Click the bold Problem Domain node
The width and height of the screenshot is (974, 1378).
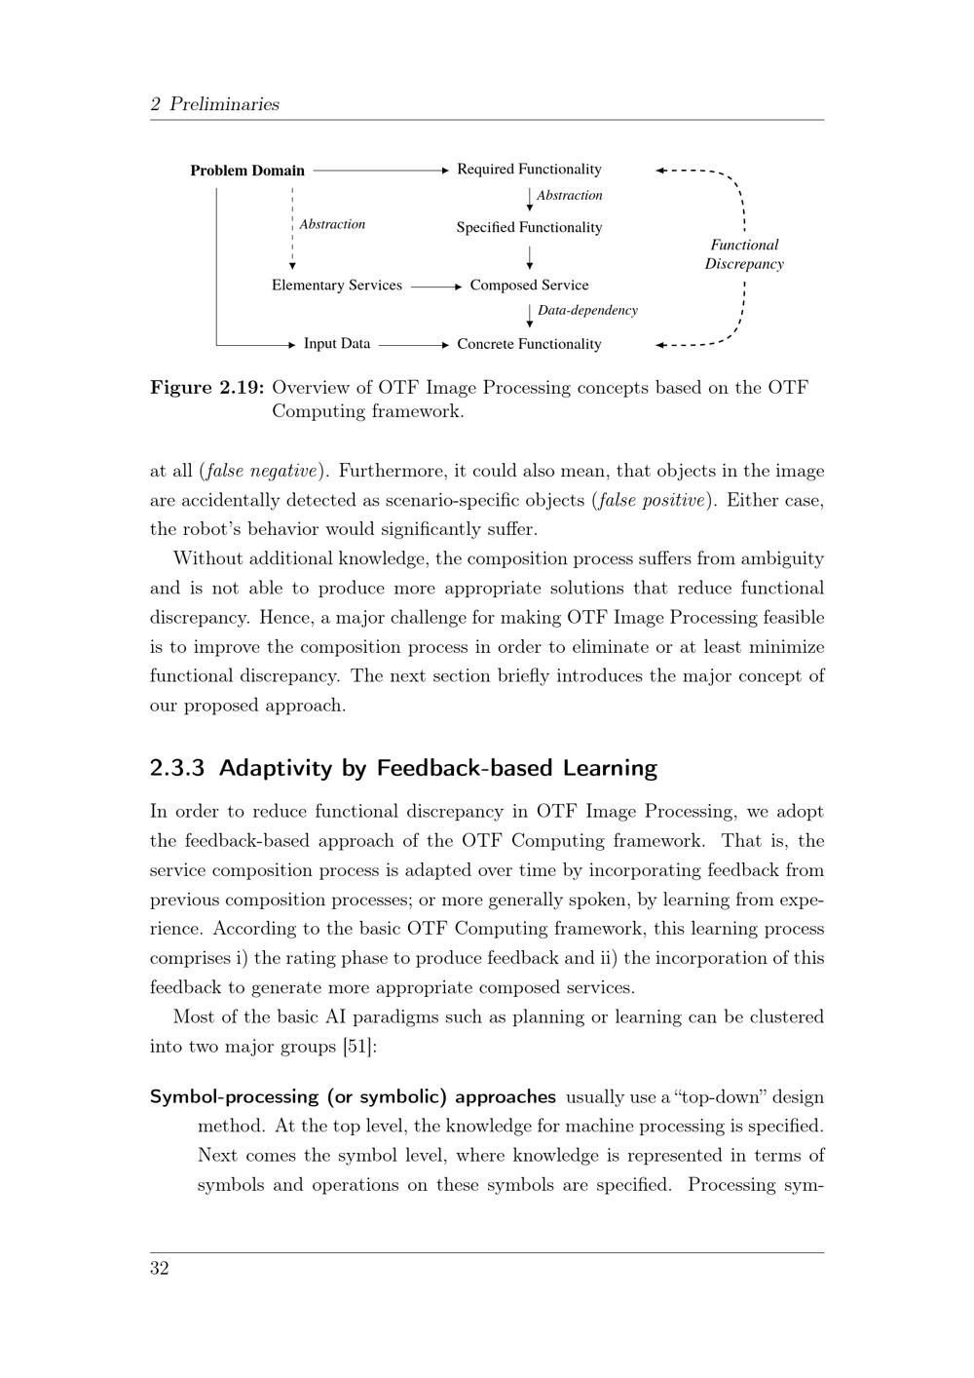click(x=247, y=171)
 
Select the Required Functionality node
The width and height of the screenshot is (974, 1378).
click(x=529, y=170)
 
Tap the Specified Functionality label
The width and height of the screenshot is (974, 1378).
click(x=529, y=228)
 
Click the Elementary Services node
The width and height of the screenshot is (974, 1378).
click(x=336, y=286)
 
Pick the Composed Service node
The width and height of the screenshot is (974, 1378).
click(x=529, y=286)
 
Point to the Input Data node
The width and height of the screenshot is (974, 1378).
click(x=337, y=344)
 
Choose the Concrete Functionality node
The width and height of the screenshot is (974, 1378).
click(x=529, y=344)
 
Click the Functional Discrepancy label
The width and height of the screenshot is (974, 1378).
click(x=744, y=254)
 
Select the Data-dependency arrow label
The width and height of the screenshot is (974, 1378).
click(x=587, y=311)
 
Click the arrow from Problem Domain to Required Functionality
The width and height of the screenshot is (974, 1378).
click(x=381, y=171)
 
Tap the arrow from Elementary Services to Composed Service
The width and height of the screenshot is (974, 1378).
click(x=435, y=287)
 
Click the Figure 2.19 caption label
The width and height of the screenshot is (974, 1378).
click(x=207, y=388)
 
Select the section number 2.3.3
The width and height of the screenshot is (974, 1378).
click(x=177, y=769)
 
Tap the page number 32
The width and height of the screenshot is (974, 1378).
click(x=160, y=1269)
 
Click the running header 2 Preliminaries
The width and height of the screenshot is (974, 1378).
click(x=215, y=104)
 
